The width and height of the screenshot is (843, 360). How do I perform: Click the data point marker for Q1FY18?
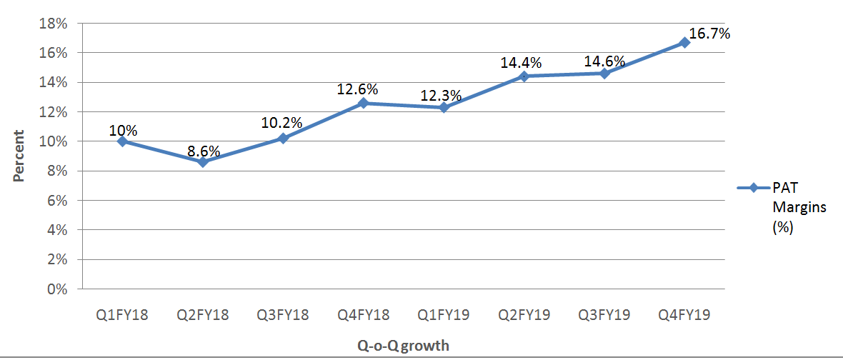(122, 141)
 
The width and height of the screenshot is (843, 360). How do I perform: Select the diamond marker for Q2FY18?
(203, 162)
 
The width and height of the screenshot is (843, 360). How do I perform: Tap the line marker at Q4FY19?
(685, 43)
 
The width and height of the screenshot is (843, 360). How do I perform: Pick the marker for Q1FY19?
(444, 107)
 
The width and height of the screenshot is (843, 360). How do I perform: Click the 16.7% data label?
(709, 33)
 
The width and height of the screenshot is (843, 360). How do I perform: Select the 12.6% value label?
(358, 89)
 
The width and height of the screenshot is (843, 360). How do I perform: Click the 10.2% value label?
(283, 122)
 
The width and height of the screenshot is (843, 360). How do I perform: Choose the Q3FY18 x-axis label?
(283, 315)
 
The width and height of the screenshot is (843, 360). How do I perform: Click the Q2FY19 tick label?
(524, 315)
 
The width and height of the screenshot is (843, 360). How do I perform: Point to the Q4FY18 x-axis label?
(364, 315)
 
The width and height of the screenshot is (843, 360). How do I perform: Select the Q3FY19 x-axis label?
(604, 315)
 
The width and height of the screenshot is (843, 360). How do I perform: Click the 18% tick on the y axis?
(56, 24)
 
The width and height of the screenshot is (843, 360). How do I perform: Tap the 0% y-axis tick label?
(59, 289)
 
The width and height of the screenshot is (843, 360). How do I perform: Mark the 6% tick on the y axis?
(59, 201)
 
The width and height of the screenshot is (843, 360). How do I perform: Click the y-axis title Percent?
(19, 155)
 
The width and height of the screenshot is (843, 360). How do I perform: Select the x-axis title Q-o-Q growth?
(404, 346)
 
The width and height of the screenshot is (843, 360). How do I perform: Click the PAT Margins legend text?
(799, 208)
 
